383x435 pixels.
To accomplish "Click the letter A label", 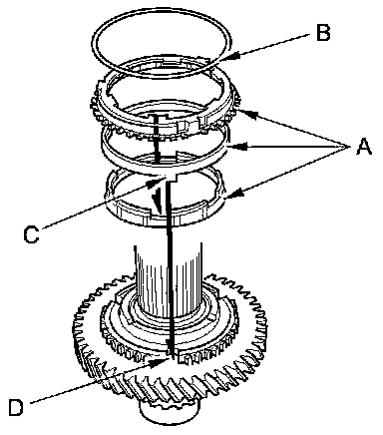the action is pyautogui.click(x=364, y=147).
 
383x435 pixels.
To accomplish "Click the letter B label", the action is pyautogui.click(x=323, y=33).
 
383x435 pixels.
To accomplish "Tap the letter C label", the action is pyautogui.click(x=32, y=234).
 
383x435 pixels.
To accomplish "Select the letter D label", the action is pyautogui.click(x=16, y=407).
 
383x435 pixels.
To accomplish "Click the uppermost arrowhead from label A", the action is pyautogui.click(x=249, y=114).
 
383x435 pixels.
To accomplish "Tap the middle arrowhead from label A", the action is pyautogui.click(x=240, y=146).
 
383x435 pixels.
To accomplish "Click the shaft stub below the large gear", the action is pyautogui.click(x=170, y=412).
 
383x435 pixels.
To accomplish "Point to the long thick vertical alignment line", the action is pyautogui.click(x=169, y=266).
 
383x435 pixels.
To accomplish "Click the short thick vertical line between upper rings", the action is pyautogui.click(x=156, y=138).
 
